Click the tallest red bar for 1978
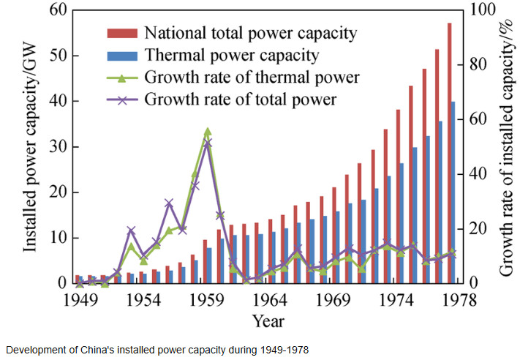point(449,153)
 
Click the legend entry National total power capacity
point(251,33)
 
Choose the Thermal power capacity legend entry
point(232,55)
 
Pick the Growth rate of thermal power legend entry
point(252,77)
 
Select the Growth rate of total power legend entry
point(241,99)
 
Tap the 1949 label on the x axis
point(80,299)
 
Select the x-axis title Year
point(268,320)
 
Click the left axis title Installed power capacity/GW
point(30,146)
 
